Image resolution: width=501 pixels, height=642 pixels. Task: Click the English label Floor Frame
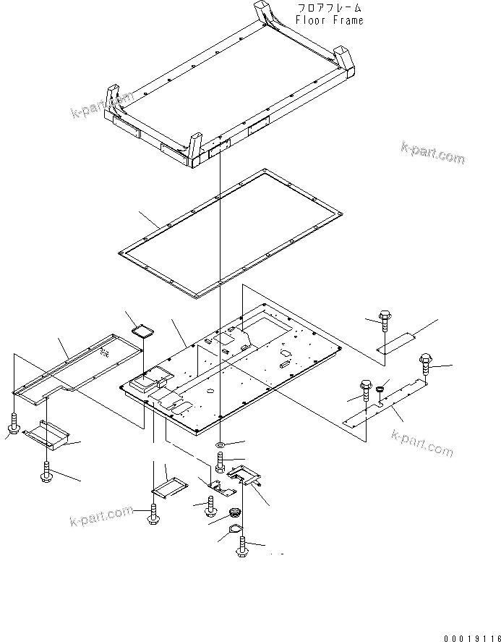click(x=330, y=20)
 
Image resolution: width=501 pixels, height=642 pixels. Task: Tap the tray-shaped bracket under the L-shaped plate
click(x=48, y=436)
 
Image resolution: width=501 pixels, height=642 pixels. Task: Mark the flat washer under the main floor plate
click(x=219, y=442)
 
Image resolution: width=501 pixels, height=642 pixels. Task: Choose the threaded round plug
click(x=234, y=514)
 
